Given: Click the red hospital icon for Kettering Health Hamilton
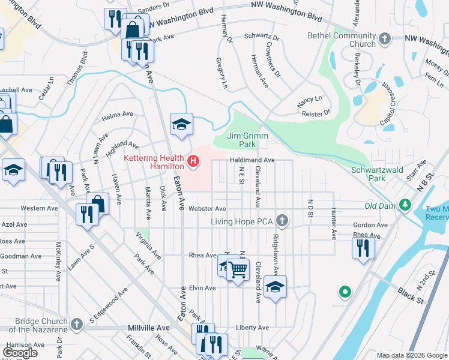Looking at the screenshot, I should (193, 160).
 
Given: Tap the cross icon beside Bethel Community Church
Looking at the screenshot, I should (384, 40).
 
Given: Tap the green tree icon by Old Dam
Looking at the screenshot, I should (406, 206).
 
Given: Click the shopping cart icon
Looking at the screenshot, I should (238, 269).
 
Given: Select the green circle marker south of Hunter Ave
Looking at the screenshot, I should (345, 293).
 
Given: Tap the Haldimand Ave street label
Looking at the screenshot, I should (252, 160).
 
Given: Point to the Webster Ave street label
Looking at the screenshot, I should (207, 209).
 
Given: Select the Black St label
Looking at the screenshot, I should (411, 295).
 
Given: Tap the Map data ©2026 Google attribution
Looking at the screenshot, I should (411, 355).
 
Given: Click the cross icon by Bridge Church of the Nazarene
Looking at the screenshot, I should (76, 325).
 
